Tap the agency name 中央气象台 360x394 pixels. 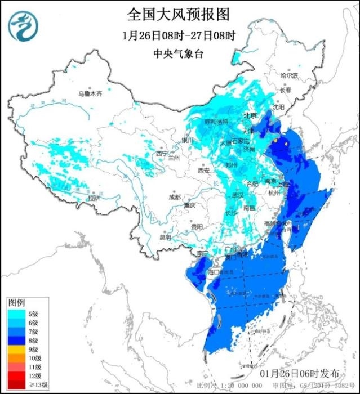coord(179,54)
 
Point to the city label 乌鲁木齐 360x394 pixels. coord(90,94)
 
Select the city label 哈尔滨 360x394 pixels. coord(289,75)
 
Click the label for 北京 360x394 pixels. coord(250,115)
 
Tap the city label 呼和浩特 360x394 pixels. coord(216,122)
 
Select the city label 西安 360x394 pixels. coord(203,171)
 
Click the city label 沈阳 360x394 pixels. coord(278,106)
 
